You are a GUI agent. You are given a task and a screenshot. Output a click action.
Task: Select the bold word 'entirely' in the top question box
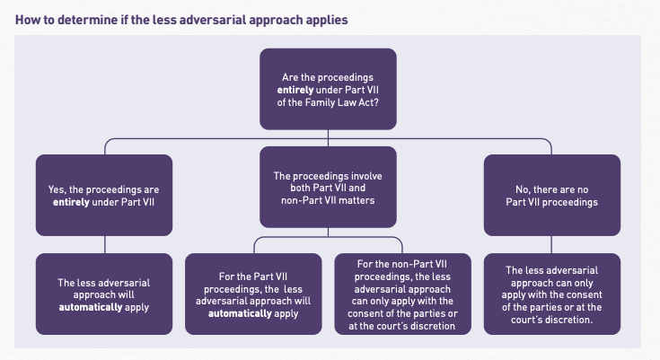pyautogui.click(x=302, y=92)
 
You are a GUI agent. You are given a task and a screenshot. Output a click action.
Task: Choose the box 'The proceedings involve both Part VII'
pyautogui.click(x=328, y=186)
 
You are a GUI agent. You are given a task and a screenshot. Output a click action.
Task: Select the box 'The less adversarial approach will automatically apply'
pyautogui.click(x=103, y=293)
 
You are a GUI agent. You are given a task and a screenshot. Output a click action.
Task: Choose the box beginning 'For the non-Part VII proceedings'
pyautogui.click(x=402, y=294)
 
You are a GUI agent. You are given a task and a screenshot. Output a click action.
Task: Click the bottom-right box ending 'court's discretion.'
pyautogui.click(x=551, y=293)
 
